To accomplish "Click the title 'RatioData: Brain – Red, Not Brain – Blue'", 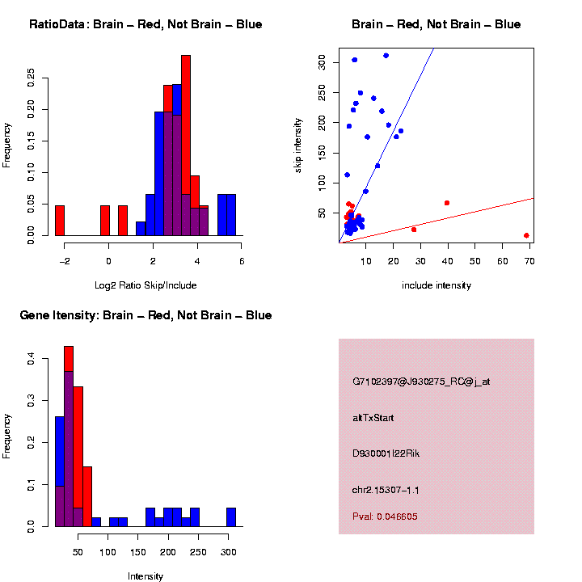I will click(x=145, y=24).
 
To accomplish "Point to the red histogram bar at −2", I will click(x=59, y=220).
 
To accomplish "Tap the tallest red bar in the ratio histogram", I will click(x=186, y=145).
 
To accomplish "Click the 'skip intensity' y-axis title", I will click(x=298, y=145).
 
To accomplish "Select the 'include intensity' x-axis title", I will click(x=436, y=285).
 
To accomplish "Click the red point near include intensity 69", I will click(x=526, y=235).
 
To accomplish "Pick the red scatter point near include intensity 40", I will click(x=446, y=203).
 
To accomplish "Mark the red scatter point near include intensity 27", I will click(x=414, y=230).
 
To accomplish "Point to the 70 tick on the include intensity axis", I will click(x=530, y=261).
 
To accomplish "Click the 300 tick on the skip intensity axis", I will click(x=322, y=61).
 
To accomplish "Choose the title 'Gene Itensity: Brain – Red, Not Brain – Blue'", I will click(x=145, y=315).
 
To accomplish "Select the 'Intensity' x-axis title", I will click(x=145, y=576).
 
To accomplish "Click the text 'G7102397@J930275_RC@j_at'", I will click(x=421, y=382).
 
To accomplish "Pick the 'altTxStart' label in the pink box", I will click(x=373, y=418).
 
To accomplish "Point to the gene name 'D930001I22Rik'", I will click(x=386, y=453).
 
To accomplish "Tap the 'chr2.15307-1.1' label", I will click(x=386, y=490).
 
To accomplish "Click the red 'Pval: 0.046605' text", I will click(x=385, y=517).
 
